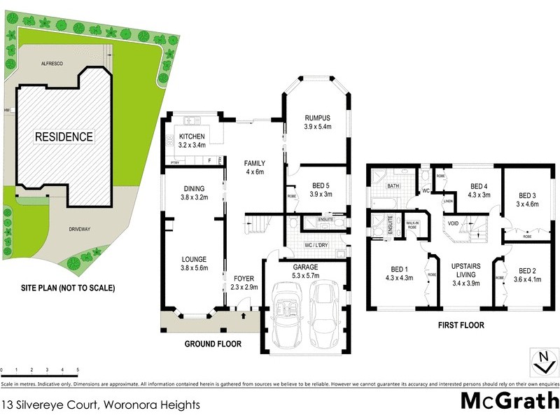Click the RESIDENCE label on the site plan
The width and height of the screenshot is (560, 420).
pyautogui.click(x=64, y=136)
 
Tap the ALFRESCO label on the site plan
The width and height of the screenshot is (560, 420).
pyautogui.click(x=52, y=63)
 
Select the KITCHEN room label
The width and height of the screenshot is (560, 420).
pyautogui.click(x=192, y=136)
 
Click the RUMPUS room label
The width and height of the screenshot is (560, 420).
pyautogui.click(x=317, y=117)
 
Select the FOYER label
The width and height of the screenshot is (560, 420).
pyautogui.click(x=245, y=278)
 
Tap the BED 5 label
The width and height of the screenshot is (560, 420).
pyautogui.click(x=318, y=186)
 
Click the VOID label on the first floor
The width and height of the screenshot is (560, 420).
pyautogui.click(x=453, y=224)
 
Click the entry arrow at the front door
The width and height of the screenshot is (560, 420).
pyautogui.click(x=243, y=315)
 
